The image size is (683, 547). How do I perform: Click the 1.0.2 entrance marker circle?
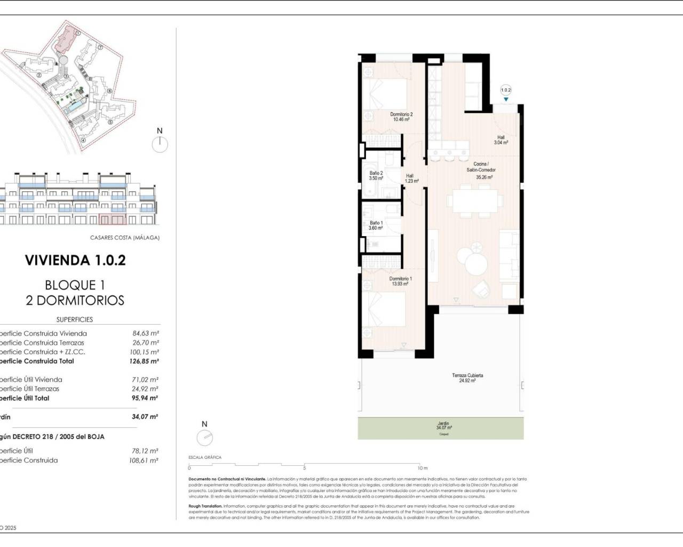click(x=506, y=90)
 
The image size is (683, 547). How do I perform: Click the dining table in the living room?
click(x=475, y=201)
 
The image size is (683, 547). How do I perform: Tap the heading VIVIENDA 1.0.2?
click(x=75, y=261)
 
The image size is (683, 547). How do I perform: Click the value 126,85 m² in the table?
click(x=145, y=361)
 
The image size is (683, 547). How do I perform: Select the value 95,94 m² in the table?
click(x=145, y=398)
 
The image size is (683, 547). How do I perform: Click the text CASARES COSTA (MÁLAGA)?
click(x=125, y=238)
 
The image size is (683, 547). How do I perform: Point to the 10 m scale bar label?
click(x=422, y=468)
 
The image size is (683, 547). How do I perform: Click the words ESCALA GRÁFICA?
click(x=205, y=457)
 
